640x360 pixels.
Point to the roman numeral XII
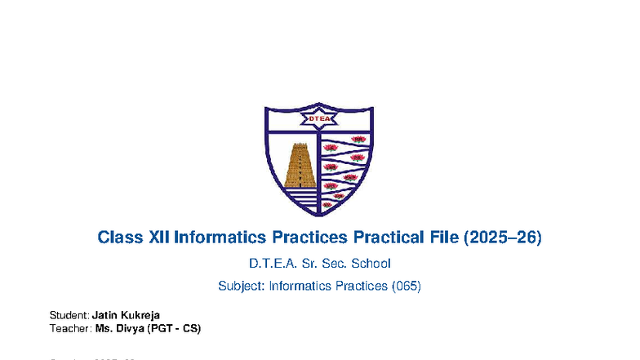[x=159, y=238]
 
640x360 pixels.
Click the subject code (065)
[x=407, y=287]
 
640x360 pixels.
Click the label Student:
[x=69, y=315]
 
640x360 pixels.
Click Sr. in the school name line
[x=309, y=264]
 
